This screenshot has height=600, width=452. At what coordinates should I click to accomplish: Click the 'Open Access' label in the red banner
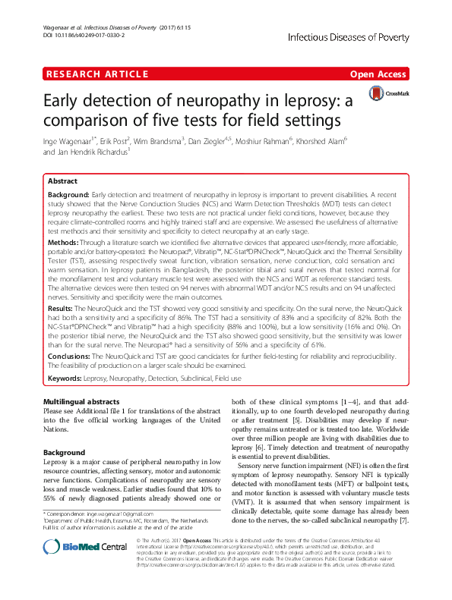(379, 74)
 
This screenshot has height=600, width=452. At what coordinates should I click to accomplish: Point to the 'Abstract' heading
(62, 182)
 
